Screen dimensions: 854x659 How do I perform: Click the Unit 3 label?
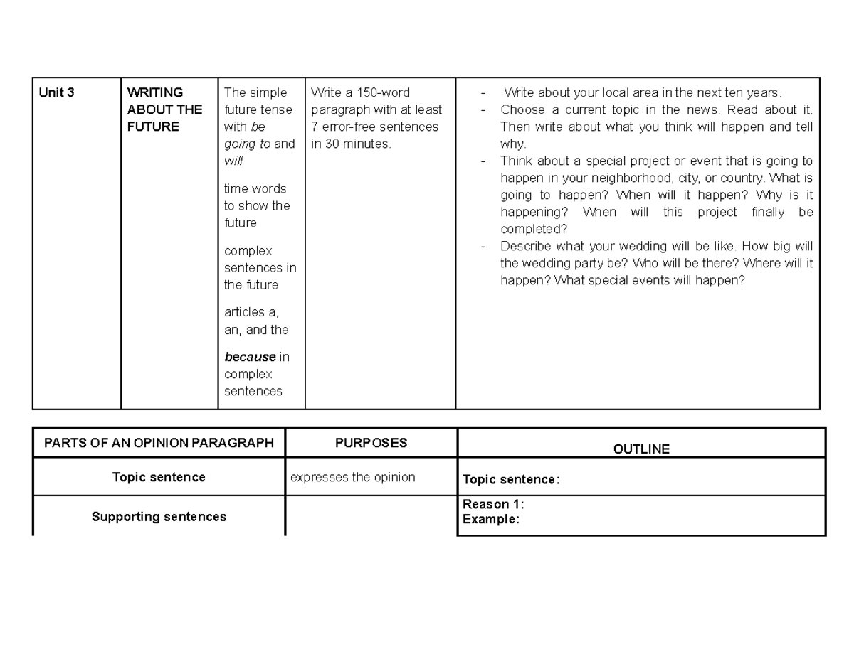coord(56,92)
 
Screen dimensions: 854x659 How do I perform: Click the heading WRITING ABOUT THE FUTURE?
coord(164,109)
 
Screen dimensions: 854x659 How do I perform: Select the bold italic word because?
coord(250,357)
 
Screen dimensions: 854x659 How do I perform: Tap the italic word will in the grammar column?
coord(233,161)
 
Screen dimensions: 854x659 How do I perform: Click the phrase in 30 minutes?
coord(351,144)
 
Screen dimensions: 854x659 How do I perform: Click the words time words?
coord(255,188)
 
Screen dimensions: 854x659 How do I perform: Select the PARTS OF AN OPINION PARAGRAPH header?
coord(159,443)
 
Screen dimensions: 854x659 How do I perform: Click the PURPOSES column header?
coord(371,443)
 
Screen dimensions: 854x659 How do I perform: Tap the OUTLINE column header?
coord(641,449)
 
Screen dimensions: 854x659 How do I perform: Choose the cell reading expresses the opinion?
coord(352,477)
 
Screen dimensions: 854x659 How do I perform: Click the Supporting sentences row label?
coord(159,517)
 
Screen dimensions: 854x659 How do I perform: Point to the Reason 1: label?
coord(493,504)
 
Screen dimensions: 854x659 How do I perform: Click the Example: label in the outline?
coord(490,519)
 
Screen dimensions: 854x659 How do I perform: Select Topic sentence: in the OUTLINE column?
coord(511,480)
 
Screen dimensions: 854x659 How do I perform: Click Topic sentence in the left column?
coord(159,477)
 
